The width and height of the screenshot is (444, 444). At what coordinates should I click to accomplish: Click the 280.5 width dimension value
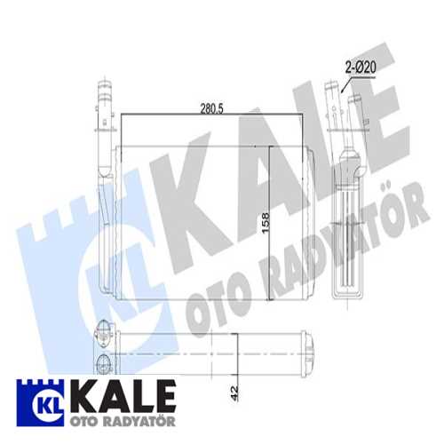(211, 108)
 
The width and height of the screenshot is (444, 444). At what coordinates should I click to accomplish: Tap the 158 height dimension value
(266, 223)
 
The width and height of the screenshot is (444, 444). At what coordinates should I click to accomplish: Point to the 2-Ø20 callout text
(361, 67)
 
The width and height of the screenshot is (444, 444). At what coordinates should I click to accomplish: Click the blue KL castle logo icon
(40, 403)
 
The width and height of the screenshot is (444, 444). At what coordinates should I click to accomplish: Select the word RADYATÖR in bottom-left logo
(137, 421)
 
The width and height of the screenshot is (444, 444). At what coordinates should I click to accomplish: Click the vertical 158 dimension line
(269, 224)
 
